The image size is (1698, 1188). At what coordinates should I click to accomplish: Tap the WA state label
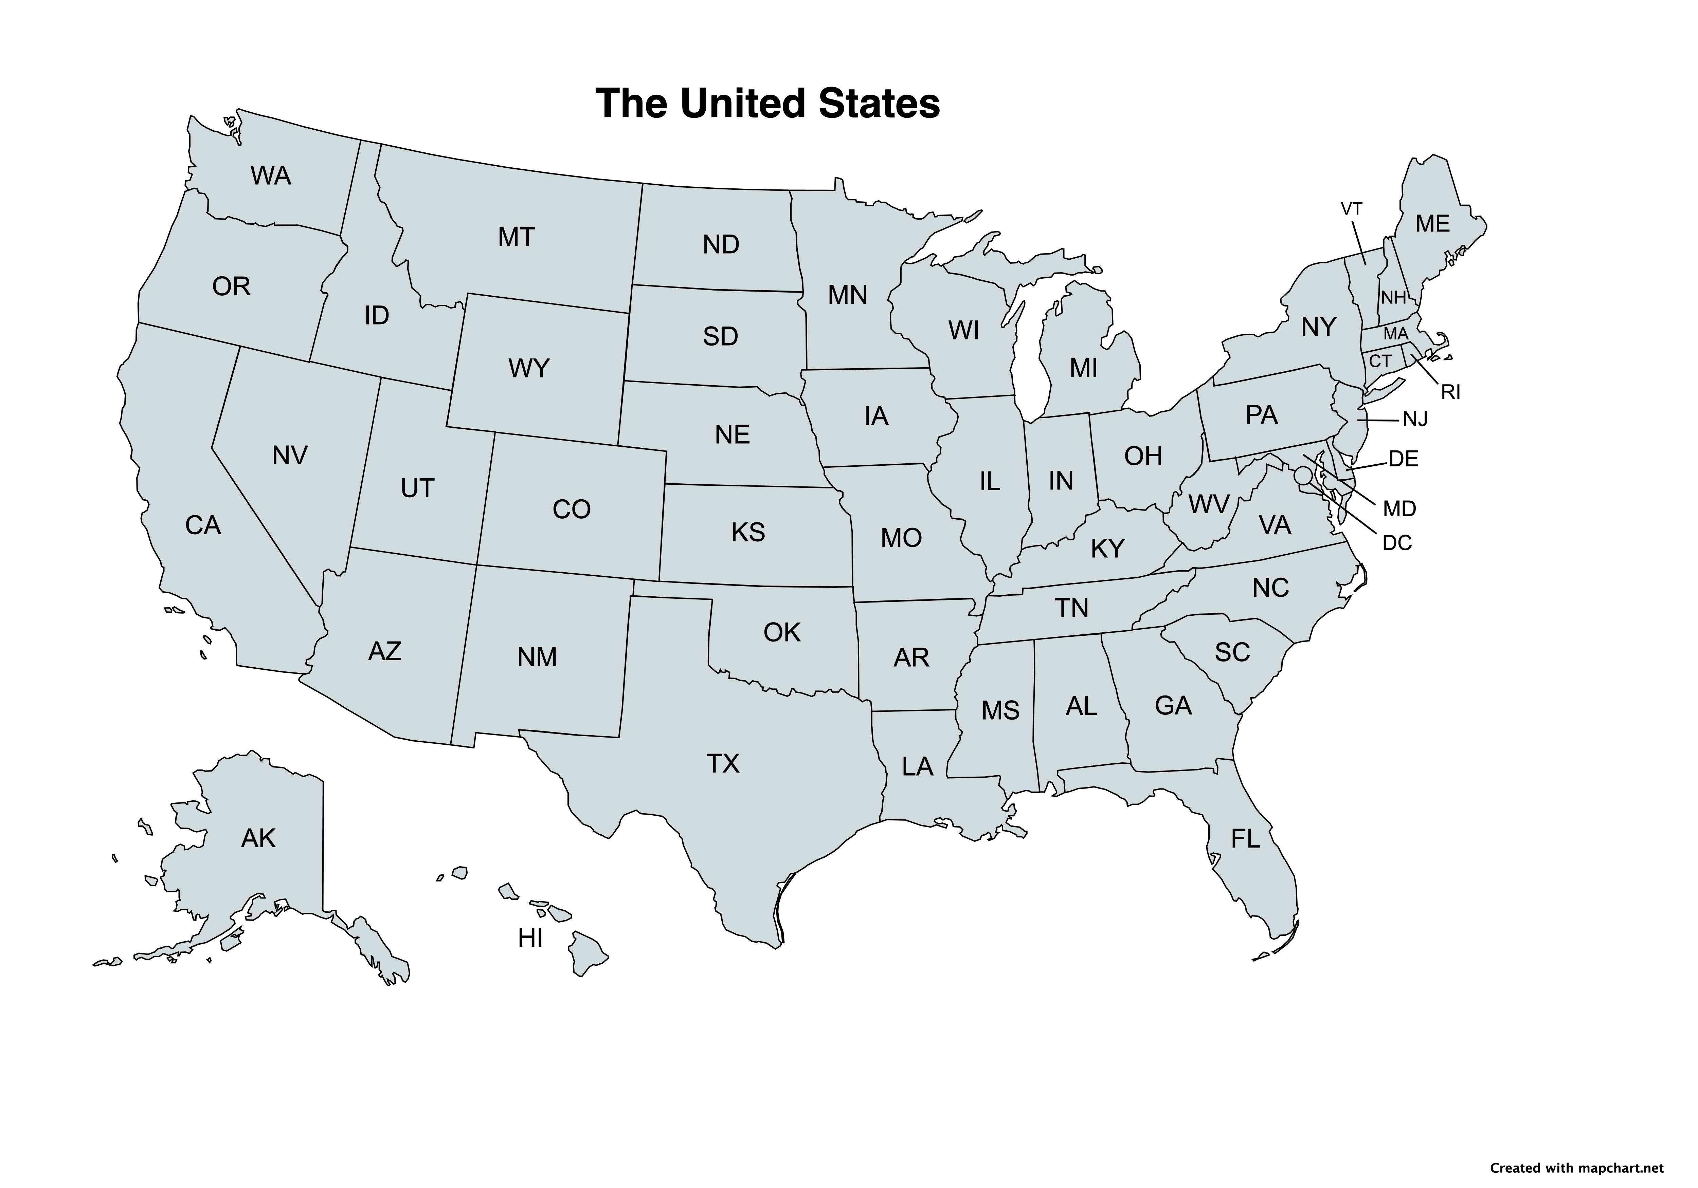pos(271,176)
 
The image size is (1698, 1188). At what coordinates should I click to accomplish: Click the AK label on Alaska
pos(258,838)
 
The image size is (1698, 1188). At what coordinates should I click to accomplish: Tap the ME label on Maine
pos(1432,224)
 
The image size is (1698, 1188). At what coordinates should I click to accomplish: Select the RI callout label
pos(1450,393)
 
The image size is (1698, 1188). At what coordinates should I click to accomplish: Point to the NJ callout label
pos(1415,420)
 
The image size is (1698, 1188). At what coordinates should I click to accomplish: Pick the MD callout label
pos(1399,508)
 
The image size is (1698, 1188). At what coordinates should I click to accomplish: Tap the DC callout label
pos(1397,543)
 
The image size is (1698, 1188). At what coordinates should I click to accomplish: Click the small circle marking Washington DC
pos(1303,475)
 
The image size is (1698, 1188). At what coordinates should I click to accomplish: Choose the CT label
pos(1380,361)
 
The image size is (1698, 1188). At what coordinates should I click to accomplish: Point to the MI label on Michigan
pos(1083,368)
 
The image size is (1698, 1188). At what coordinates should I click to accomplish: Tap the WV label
pos(1208,505)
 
